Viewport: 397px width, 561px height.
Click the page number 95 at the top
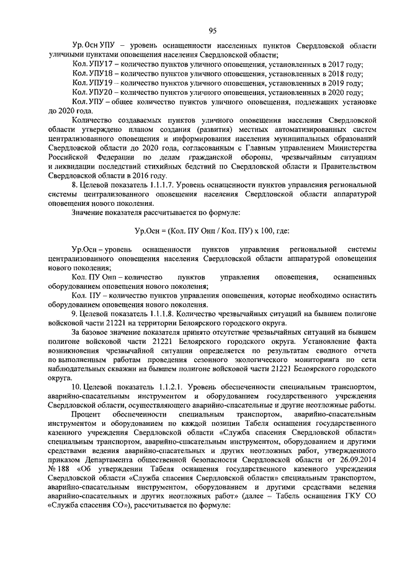pyautogui.click(x=212, y=30)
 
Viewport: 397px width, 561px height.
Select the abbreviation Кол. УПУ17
pyautogui.click(x=92, y=64)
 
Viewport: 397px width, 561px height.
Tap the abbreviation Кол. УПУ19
pyautogui.click(x=92, y=82)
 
